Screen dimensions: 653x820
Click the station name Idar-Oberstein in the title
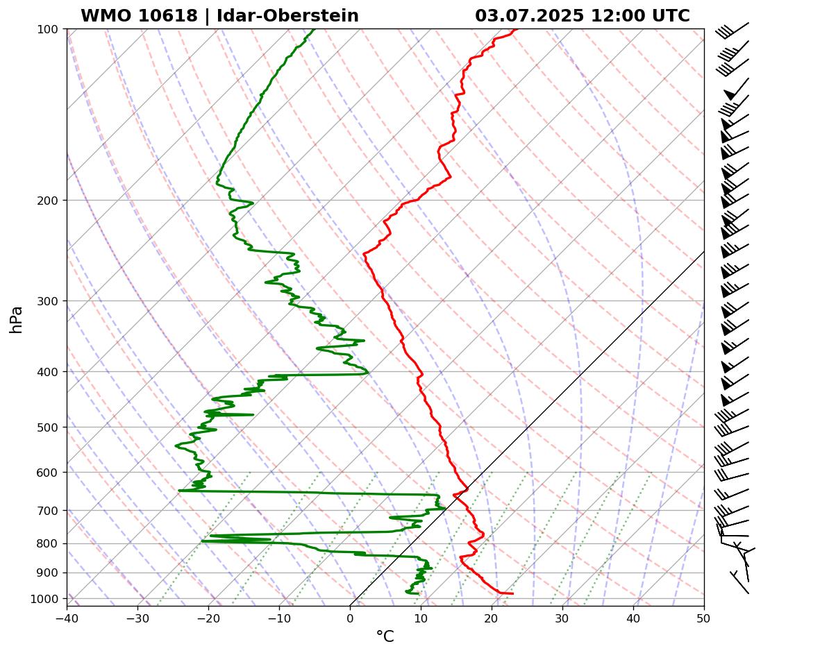(287, 16)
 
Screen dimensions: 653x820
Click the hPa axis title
(16, 319)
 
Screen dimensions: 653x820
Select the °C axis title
(385, 637)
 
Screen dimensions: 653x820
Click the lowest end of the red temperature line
(512, 593)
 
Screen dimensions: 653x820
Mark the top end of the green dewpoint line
(313, 29)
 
